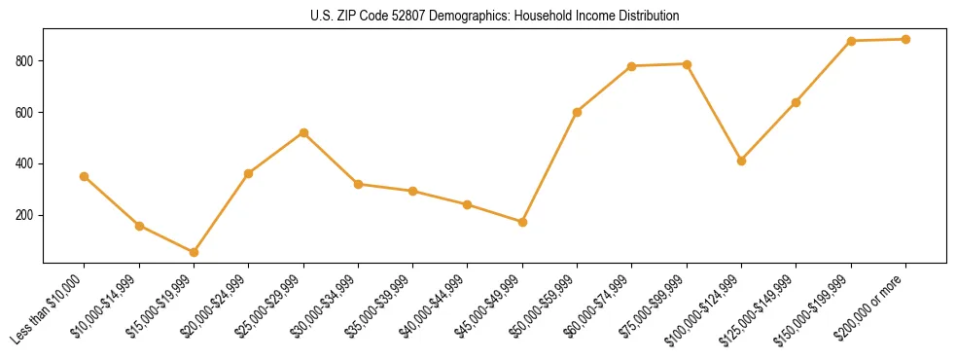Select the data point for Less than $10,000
pyautogui.click(x=85, y=176)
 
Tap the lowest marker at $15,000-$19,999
pyautogui.click(x=194, y=252)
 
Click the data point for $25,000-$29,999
pyautogui.click(x=303, y=132)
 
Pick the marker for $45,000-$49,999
pyautogui.click(x=522, y=222)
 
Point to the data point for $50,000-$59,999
pyautogui.click(x=577, y=112)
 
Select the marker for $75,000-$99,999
pyautogui.click(x=687, y=64)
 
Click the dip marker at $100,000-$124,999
pyautogui.click(x=741, y=161)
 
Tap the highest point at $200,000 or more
pyautogui.click(x=905, y=40)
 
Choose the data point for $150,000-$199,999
pyautogui.click(x=851, y=41)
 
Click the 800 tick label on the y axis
pyautogui.click(x=24, y=61)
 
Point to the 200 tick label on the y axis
pyautogui.click(x=24, y=215)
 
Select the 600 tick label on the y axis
pyautogui.click(x=24, y=113)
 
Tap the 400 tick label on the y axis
pyautogui.click(x=24, y=163)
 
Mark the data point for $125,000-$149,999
pyautogui.click(x=796, y=102)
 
